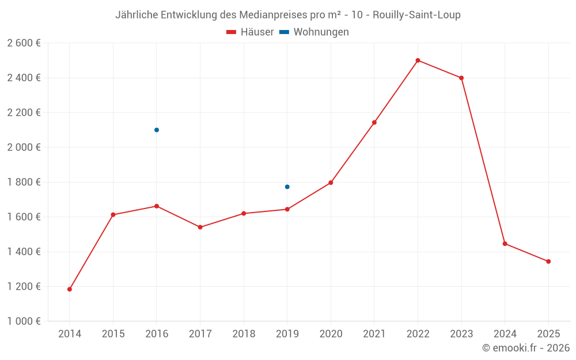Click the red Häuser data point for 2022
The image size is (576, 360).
[418, 60]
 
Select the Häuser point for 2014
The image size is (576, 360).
[70, 289]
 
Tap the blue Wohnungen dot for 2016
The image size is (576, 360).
[157, 130]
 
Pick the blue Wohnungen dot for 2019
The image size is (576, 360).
[287, 187]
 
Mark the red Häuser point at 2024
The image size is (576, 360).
[505, 244]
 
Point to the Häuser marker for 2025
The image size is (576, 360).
[548, 262]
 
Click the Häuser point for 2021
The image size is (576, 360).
[374, 122]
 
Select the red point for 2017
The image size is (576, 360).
[200, 227]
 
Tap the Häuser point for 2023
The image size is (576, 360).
[461, 78]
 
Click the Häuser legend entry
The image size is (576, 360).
[250, 32]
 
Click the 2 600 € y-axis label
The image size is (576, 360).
[24, 43]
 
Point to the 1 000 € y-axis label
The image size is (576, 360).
[24, 321]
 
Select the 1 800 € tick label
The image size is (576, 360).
[24, 182]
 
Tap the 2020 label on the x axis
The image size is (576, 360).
[331, 334]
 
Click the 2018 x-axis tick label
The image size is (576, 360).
[244, 334]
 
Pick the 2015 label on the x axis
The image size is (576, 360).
[113, 334]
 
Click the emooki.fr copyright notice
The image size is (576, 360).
[525, 348]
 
